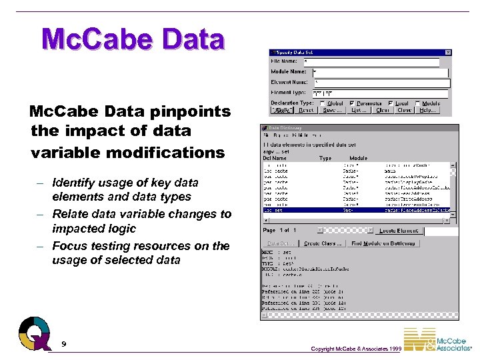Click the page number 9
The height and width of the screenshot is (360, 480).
click(x=63, y=344)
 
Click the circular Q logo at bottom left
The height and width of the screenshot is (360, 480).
click(x=34, y=333)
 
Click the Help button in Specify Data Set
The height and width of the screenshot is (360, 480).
click(x=427, y=111)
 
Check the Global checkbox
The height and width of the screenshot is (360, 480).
click(x=323, y=103)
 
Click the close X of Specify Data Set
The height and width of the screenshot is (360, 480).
click(x=447, y=52)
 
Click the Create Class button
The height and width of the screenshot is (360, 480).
click(x=323, y=243)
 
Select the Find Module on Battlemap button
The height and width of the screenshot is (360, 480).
click(x=384, y=243)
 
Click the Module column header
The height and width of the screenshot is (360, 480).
click(x=359, y=159)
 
